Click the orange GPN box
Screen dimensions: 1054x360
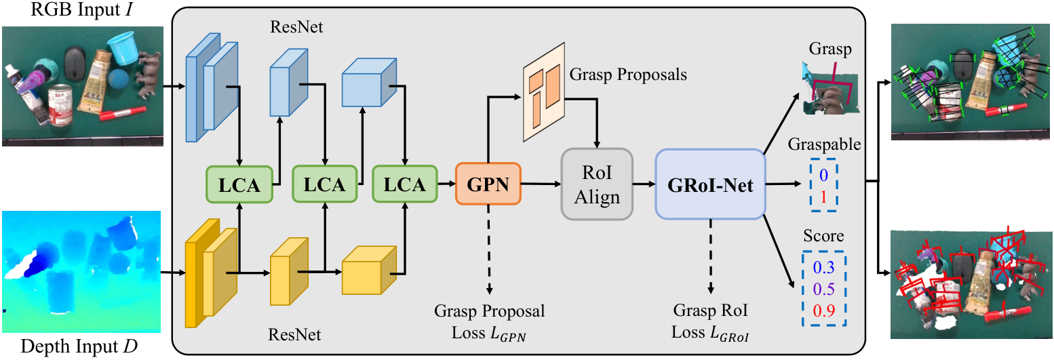coord(488,184)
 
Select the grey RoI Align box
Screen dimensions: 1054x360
coord(597,184)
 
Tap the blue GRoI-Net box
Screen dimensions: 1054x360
coord(710,184)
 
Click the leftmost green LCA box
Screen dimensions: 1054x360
coord(239,184)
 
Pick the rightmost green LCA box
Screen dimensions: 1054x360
coord(405,184)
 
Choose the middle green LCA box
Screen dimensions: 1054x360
coord(324,184)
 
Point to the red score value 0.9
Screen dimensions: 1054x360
coord(823,311)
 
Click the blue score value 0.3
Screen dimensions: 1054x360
coord(823,267)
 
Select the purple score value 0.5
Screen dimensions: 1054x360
coord(823,289)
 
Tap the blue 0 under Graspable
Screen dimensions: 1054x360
coord(823,175)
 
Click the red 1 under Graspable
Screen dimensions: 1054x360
coord(823,197)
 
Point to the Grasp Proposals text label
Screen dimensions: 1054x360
coord(628,75)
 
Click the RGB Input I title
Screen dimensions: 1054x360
coord(81,9)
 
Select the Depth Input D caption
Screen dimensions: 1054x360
coord(79,346)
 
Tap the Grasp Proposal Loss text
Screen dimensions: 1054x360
coord(490,322)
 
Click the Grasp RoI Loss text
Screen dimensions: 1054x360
coord(710,322)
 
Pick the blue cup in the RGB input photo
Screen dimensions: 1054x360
coord(123,48)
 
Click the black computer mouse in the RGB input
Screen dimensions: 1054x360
coord(75,62)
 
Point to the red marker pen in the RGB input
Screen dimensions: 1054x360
coord(122,113)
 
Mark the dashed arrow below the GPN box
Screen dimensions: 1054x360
coord(489,249)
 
